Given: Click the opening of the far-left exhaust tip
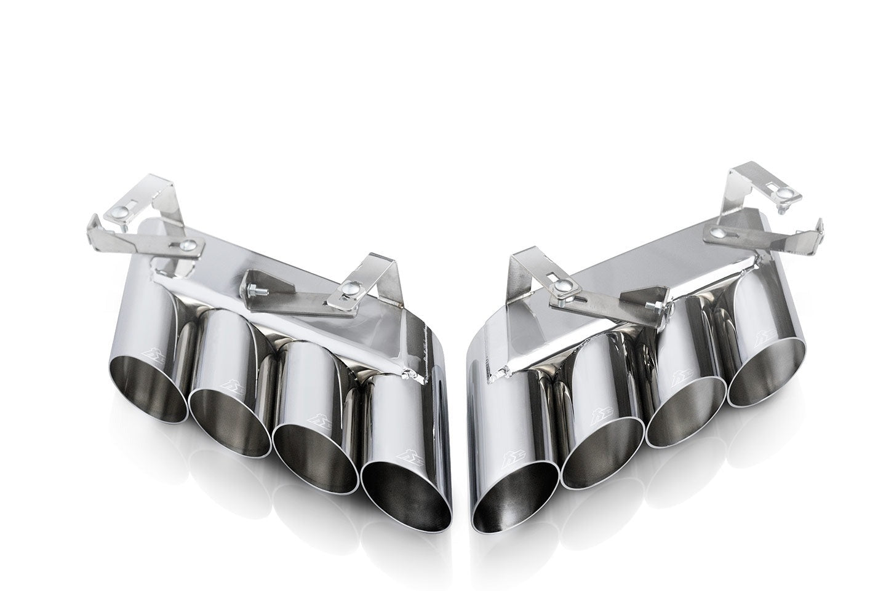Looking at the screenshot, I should [x=149, y=387].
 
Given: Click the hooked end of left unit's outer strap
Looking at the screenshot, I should [x=98, y=221].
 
